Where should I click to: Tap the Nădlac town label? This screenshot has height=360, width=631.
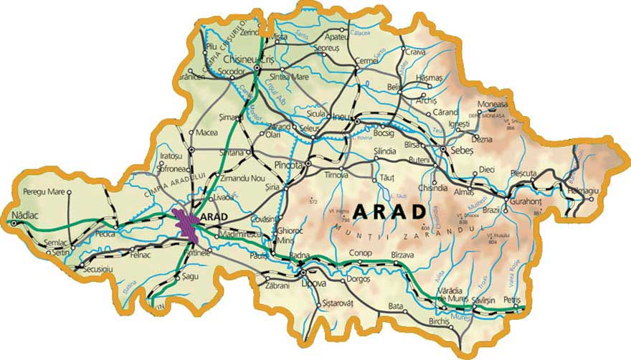(x=19, y=214)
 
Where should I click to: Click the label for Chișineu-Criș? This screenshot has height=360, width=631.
(x=250, y=60)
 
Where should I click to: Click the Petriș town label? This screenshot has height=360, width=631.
(x=512, y=299)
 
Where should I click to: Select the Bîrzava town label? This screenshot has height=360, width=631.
(x=404, y=255)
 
